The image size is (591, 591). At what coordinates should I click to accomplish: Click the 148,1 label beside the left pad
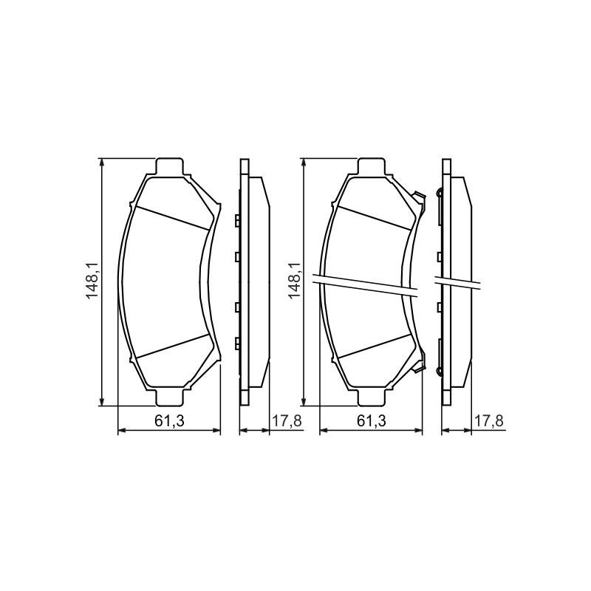click(x=92, y=281)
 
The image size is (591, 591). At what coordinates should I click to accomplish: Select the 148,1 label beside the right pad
click(x=294, y=281)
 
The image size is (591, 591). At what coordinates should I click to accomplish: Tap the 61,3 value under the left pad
click(x=169, y=420)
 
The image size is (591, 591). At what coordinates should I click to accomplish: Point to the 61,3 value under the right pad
click(x=372, y=420)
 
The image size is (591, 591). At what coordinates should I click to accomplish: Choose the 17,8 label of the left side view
click(x=287, y=420)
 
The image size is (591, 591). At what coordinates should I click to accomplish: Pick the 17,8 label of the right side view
click(x=489, y=420)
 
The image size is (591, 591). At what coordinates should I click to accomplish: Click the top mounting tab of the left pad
click(x=170, y=167)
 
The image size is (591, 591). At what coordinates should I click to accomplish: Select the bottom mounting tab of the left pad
click(x=170, y=397)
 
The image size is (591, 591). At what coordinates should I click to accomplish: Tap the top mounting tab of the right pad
click(x=372, y=167)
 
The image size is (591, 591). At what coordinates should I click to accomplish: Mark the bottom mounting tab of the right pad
click(x=372, y=397)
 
